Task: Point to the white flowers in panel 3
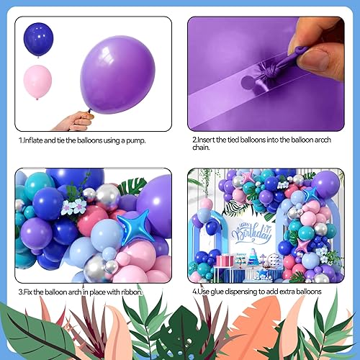[x=73, y=207]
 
